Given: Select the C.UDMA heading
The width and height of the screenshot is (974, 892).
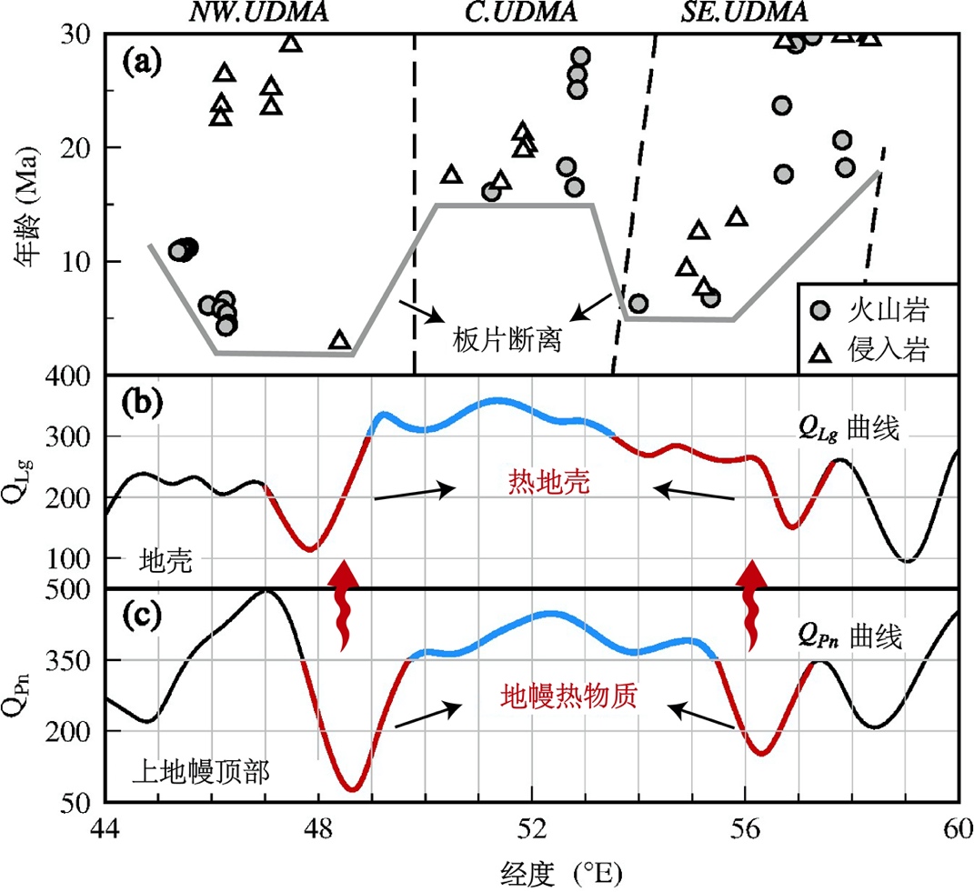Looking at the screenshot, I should (491, 12).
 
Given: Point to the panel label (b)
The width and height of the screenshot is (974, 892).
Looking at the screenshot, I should (141, 404).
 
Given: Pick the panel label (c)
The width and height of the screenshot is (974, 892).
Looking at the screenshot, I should (141, 616).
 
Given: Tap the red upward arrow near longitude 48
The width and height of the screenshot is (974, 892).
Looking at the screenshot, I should (343, 605).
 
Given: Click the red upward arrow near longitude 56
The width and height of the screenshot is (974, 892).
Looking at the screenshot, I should (751, 605).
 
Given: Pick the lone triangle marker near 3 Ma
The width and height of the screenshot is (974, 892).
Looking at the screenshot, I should (339, 340).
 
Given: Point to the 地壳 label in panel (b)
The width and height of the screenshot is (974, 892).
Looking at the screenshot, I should (166, 560).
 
